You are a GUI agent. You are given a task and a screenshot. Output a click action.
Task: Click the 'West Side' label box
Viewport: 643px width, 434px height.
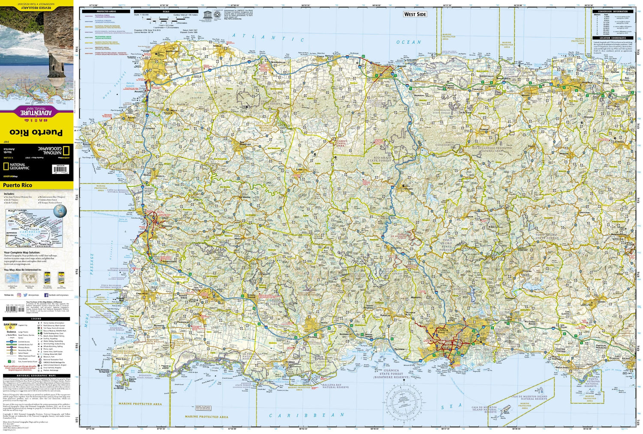(415, 14)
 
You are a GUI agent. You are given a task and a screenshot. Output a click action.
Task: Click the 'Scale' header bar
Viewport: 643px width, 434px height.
(166, 12)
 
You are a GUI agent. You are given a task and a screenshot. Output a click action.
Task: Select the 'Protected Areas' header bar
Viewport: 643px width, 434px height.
(106, 12)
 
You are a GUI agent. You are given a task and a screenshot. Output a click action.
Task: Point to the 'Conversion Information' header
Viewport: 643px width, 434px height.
(613, 12)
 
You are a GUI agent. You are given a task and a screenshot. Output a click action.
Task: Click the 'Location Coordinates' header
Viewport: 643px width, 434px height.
(613, 38)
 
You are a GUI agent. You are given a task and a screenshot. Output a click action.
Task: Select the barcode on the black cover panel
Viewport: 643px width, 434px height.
(60, 170)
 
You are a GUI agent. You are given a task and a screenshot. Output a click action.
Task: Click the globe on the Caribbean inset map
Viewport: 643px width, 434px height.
(60, 211)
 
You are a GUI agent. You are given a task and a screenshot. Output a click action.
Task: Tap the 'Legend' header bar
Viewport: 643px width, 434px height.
(36, 319)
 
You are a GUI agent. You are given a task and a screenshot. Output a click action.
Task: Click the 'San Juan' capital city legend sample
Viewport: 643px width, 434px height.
(10, 325)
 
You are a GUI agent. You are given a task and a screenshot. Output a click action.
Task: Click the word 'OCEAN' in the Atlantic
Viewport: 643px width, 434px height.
(409, 42)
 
